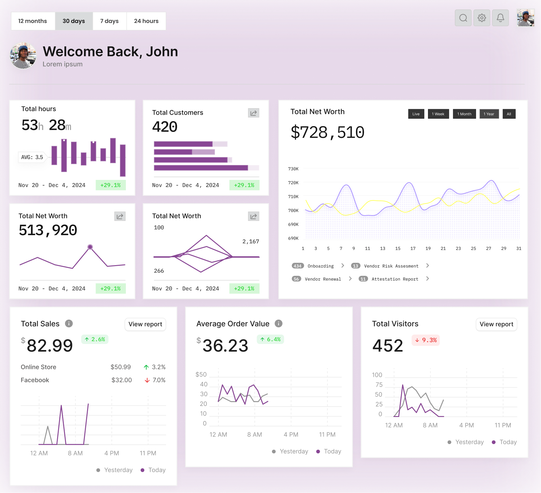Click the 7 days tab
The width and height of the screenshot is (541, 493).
109,21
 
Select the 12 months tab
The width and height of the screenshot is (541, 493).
33,21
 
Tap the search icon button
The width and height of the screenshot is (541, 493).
463,18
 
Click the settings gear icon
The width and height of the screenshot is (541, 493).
482,18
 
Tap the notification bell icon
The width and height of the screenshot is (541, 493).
500,18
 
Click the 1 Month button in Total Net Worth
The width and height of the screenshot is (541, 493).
464,114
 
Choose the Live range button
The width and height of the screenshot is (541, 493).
416,114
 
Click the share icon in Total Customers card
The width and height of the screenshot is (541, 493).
253,113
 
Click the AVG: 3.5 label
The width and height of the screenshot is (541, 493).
32,157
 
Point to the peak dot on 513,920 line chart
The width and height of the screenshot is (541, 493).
90,247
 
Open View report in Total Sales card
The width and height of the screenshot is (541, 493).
145,324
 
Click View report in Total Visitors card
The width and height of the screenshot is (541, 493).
496,324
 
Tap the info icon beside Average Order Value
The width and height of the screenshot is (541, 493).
278,324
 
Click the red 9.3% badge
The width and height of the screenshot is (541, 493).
425,340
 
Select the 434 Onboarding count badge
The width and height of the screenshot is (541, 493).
297,266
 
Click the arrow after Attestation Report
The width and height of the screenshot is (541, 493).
427,279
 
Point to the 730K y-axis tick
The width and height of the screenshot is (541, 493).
293,169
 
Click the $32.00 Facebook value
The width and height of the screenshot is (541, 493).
122,380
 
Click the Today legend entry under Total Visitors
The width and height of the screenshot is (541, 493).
504,442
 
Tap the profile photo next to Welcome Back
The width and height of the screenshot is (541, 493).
23,56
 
